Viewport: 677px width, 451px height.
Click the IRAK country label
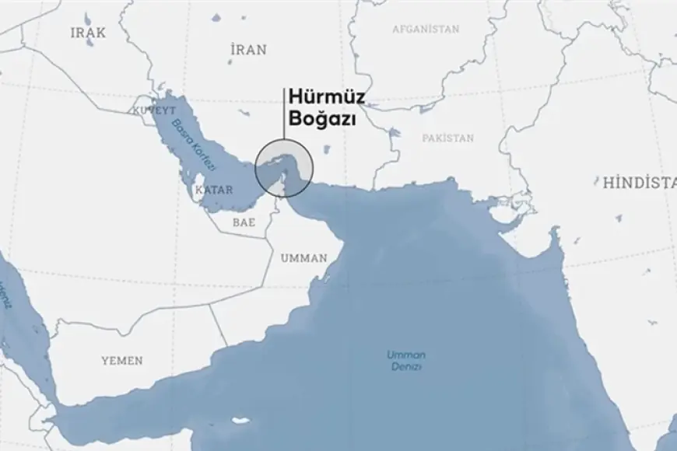[x=89, y=33]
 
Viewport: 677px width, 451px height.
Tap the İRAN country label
[x=249, y=50]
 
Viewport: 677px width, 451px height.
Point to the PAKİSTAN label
[x=447, y=138]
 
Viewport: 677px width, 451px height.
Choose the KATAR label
[x=213, y=190]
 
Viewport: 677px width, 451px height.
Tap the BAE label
[x=244, y=222]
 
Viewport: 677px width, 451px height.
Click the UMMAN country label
[x=303, y=258]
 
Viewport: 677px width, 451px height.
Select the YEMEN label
[x=121, y=361]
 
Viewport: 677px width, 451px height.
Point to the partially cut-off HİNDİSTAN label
[x=638, y=184]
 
